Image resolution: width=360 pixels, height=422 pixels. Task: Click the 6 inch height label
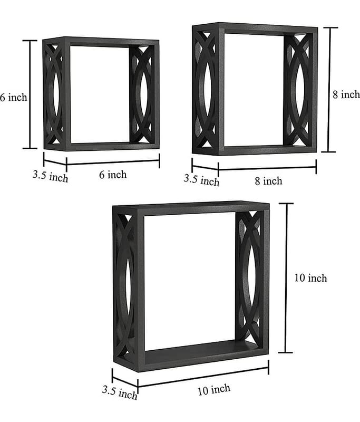pos(14,97)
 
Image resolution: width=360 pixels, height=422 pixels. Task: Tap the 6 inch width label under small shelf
pos(113,175)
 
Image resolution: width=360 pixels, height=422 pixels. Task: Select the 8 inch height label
pos(346,94)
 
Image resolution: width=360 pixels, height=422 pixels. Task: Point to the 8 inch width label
pos(269,181)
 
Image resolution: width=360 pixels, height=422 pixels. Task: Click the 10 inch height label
pos(310,278)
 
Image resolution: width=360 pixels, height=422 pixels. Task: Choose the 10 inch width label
pos(214,389)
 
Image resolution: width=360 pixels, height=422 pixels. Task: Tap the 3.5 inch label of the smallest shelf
pos(50,176)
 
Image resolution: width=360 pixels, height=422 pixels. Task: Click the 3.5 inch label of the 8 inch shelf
pos(202,180)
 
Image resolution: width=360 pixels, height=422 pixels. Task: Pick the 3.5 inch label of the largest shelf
pos(120,392)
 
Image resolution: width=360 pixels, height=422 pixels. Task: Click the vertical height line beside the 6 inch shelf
pos(30,94)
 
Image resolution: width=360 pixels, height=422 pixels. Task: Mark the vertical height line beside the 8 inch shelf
pos(329,90)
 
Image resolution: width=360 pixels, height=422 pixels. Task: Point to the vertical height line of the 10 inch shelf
pos(286,278)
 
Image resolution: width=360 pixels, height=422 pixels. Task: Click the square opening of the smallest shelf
pos(100,95)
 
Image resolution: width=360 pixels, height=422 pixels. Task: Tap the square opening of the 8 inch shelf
pos(254,90)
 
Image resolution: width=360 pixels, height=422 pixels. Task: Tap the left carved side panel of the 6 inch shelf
pos(54,94)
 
